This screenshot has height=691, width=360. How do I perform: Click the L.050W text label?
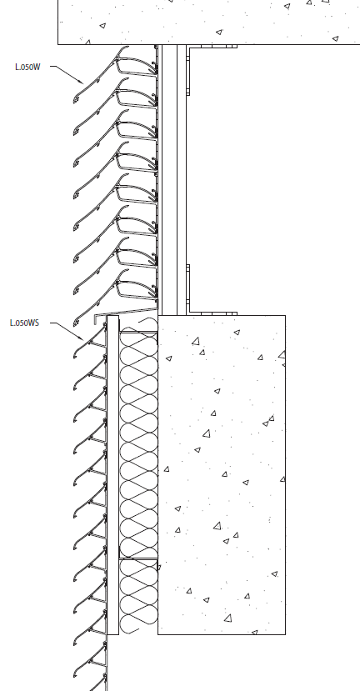click(x=27, y=67)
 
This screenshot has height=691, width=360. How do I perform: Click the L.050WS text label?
click(x=24, y=323)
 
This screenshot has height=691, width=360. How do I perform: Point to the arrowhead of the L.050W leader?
click(x=81, y=82)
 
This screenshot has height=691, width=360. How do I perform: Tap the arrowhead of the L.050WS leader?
click(x=81, y=338)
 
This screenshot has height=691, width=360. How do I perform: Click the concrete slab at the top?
click(x=209, y=22)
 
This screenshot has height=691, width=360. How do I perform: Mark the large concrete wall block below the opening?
click(x=222, y=474)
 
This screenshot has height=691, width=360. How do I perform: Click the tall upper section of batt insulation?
click(x=138, y=445)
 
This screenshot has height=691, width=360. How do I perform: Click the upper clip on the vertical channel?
click(x=188, y=72)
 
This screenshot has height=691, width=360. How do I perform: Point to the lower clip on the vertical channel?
click(x=188, y=288)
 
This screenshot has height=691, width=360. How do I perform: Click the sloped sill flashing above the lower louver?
click(x=127, y=312)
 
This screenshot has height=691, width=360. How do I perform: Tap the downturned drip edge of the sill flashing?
click(x=95, y=319)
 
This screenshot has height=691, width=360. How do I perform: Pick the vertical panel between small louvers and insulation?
click(x=112, y=475)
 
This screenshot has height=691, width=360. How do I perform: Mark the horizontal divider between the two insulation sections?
click(x=138, y=559)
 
